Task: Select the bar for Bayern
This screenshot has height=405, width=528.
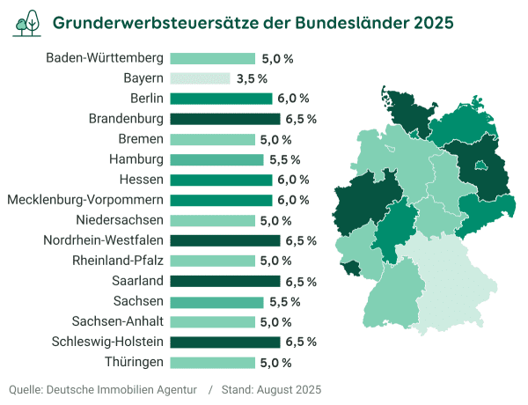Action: pyautogui.click(x=200, y=78)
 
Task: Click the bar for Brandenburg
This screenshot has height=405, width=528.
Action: pyautogui.click(x=224, y=119)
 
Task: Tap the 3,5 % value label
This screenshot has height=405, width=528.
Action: pyautogui.click(x=252, y=78)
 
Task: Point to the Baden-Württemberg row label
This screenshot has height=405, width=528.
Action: pyautogui.click(x=105, y=58)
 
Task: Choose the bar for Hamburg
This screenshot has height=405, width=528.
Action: pyautogui.click(x=216, y=159)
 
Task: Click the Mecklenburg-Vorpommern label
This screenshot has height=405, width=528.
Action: pyautogui.click(x=85, y=200)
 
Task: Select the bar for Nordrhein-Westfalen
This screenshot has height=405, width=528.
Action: pyautogui.click(x=224, y=240)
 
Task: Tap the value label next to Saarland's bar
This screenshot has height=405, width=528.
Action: pyautogui.click(x=301, y=281)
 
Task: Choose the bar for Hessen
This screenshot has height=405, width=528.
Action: pyautogui.click(x=221, y=180)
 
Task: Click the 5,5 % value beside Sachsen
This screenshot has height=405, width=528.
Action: pyautogui.click(x=282, y=301)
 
